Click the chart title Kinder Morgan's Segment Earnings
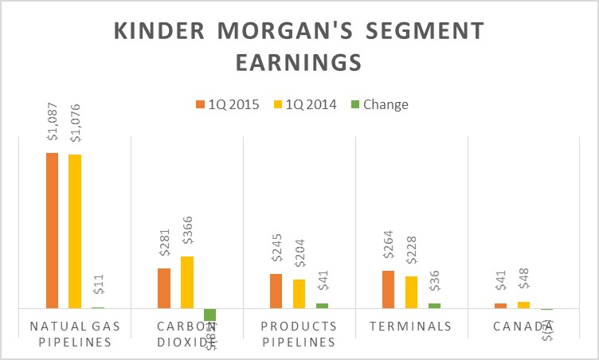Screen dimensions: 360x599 (x=299, y=45)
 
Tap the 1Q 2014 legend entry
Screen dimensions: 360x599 (x=307, y=104)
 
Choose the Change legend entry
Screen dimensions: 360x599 (x=381, y=104)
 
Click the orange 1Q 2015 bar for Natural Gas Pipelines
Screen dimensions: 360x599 (x=52, y=230)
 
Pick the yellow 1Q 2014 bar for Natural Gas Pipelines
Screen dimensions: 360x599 (x=75, y=231)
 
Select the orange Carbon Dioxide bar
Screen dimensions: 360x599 (x=164, y=288)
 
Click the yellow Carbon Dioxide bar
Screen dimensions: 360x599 (x=187, y=282)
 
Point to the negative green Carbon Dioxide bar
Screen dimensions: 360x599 (x=210, y=315)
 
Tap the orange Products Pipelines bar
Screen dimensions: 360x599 (x=276, y=291)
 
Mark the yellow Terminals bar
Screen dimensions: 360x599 (x=411, y=292)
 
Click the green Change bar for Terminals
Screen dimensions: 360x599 (x=434, y=305)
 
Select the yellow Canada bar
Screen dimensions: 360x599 (x=523, y=304)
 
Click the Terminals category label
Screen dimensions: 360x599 (x=412, y=326)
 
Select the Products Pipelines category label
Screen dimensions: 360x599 (x=299, y=334)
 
